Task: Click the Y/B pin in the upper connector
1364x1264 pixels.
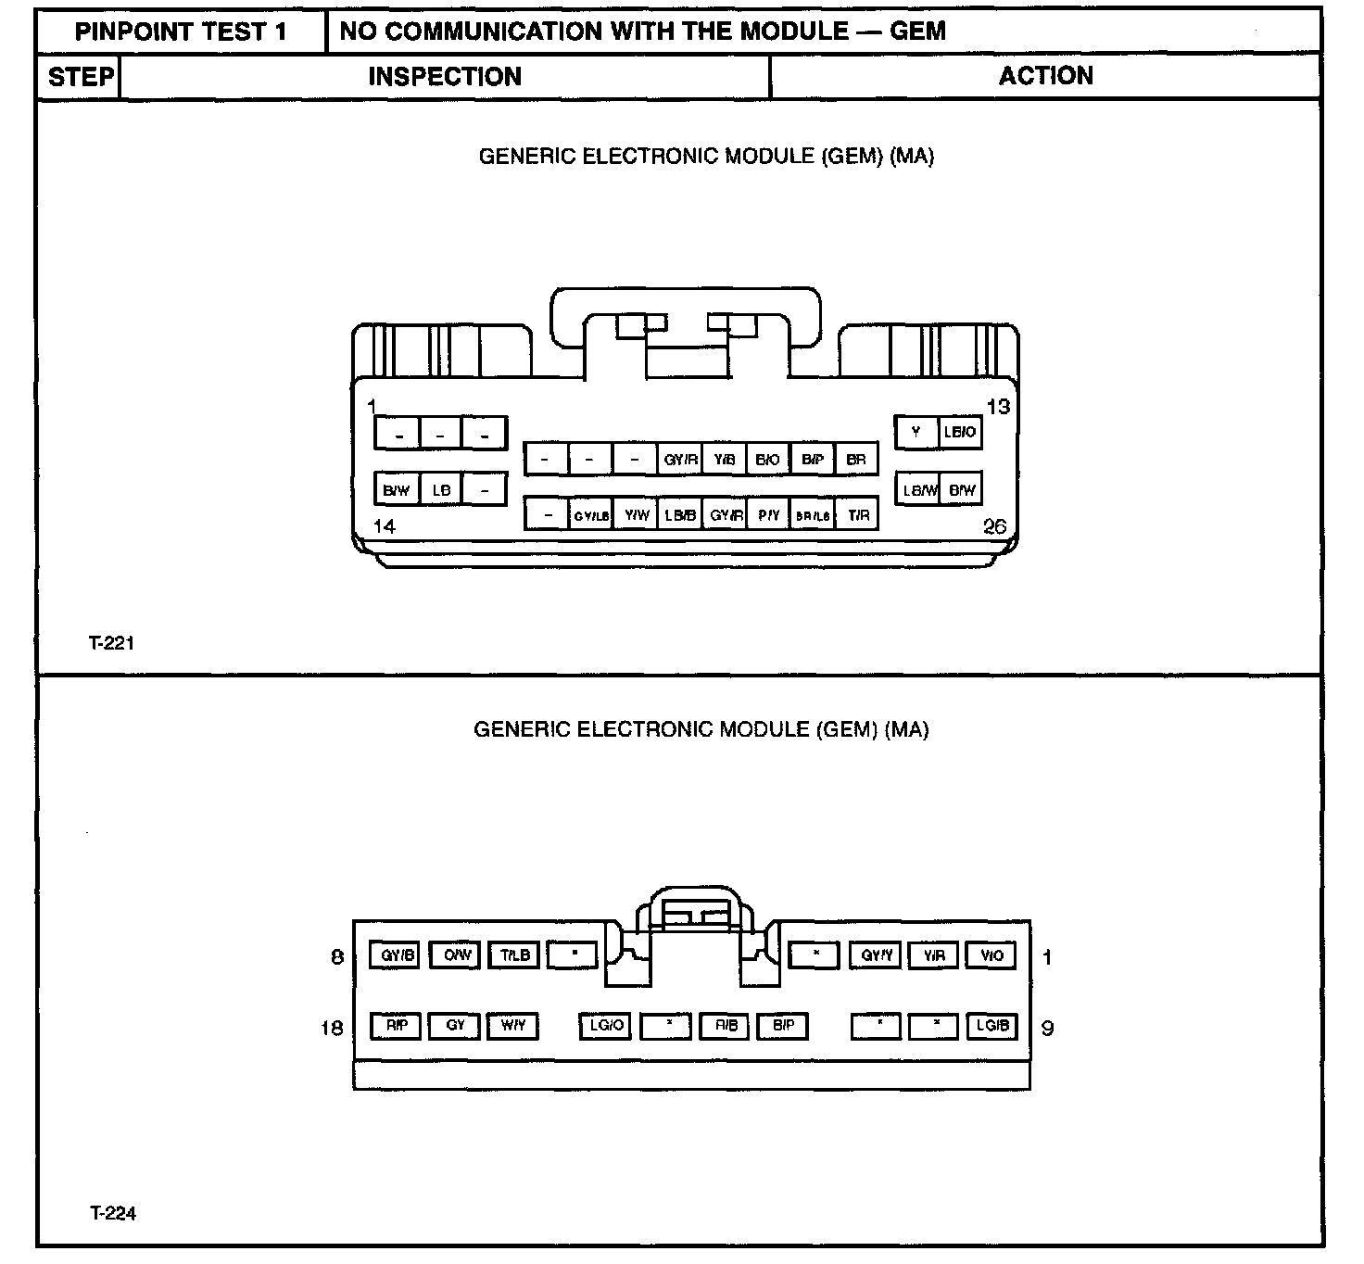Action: [x=724, y=460]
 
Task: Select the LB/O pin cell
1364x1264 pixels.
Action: [x=959, y=432]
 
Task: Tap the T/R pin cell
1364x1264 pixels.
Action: [x=858, y=515]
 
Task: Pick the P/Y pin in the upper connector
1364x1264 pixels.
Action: [x=768, y=515]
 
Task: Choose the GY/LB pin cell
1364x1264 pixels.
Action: [x=590, y=515]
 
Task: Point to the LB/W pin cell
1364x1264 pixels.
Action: [x=918, y=490]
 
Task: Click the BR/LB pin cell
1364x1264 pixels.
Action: [x=813, y=515]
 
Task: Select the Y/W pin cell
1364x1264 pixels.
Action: [x=635, y=515]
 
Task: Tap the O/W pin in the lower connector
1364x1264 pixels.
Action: [x=456, y=955]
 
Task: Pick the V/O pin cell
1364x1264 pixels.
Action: [x=991, y=955]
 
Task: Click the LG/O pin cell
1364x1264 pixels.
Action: [x=606, y=1026]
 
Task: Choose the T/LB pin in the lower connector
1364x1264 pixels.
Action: [x=514, y=955]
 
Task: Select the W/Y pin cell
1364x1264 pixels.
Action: [x=512, y=1026]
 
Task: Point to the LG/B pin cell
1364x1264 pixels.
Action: [x=991, y=1026]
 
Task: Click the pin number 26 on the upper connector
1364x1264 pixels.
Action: [x=994, y=527]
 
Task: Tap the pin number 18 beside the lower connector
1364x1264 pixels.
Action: [x=332, y=1028]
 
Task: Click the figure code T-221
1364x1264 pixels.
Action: [x=112, y=643]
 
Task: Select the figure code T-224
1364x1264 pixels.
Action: [x=113, y=1214]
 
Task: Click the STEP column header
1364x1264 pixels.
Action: [x=81, y=77]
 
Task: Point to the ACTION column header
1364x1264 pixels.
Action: [x=1045, y=76]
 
